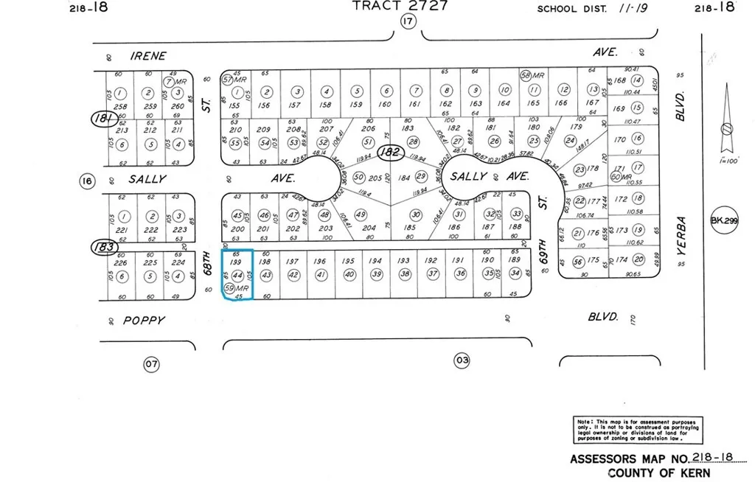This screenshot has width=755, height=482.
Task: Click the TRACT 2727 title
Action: (398, 6)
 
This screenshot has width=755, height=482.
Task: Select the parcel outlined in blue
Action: (237, 274)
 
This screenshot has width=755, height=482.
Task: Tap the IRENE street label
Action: (148, 56)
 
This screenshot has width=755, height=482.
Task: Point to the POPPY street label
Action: (144, 321)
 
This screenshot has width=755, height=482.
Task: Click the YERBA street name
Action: (682, 236)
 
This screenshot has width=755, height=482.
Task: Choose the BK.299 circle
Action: (724, 220)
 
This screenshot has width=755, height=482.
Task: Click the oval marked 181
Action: (102, 118)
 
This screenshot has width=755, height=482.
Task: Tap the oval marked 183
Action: (102, 247)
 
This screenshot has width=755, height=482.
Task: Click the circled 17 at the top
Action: (408, 22)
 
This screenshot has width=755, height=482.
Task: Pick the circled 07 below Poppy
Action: (150, 363)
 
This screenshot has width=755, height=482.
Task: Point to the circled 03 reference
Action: (462, 360)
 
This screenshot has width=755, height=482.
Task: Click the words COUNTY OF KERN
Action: (659, 472)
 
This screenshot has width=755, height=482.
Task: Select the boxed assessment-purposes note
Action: (637, 428)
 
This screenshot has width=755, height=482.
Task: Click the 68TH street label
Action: (209, 262)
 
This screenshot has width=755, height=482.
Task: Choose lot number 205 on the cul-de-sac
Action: (375, 178)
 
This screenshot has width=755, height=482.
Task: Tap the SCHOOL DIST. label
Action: (571, 9)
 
